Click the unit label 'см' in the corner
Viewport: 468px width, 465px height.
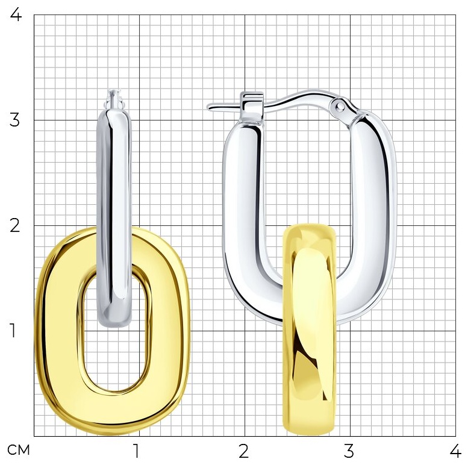tap(19, 450)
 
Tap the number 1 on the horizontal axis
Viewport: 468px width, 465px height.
tap(136, 451)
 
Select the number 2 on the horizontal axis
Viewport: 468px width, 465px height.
tap(243, 451)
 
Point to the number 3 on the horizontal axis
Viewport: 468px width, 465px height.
tap(349, 451)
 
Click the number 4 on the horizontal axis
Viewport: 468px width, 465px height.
tap(455, 451)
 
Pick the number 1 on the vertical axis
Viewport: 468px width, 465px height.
tap(13, 331)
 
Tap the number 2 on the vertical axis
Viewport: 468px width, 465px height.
tap(14, 225)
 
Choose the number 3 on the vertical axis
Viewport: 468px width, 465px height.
tap(14, 120)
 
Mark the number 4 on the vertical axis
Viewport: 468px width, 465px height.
tap(16, 14)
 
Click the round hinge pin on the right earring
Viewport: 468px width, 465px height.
tap(340, 106)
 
